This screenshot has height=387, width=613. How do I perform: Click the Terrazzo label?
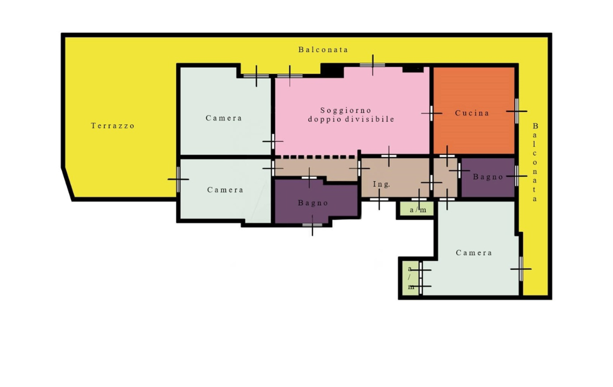click(113, 126)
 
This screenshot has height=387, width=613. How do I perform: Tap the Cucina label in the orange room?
click(472, 113)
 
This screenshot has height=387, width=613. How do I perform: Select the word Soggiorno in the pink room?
click(346, 110)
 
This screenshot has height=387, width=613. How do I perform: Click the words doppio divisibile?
click(351, 119)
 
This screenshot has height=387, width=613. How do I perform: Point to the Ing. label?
click(381, 184)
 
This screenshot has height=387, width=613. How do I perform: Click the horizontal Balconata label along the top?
click(323, 49)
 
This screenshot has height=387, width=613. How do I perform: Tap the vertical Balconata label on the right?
click(535, 162)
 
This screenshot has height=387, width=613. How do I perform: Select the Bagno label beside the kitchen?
click(488, 177)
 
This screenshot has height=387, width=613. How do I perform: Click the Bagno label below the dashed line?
click(313, 203)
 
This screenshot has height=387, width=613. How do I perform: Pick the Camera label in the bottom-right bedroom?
click(474, 253)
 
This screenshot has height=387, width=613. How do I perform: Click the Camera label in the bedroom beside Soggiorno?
click(224, 118)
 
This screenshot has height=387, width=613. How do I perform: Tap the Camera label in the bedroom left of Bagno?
click(225, 190)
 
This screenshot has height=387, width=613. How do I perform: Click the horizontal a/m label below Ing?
click(418, 210)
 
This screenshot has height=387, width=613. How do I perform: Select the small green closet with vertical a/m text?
click(411, 278)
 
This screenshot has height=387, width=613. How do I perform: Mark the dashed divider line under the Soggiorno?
click(318, 157)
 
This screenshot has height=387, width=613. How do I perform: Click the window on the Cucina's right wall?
click(516, 111)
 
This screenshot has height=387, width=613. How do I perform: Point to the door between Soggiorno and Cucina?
click(431, 113)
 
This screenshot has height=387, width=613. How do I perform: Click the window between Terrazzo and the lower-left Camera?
click(178, 179)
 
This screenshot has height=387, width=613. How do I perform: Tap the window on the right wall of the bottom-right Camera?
click(521, 269)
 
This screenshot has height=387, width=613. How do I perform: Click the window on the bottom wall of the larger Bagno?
click(312, 225)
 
